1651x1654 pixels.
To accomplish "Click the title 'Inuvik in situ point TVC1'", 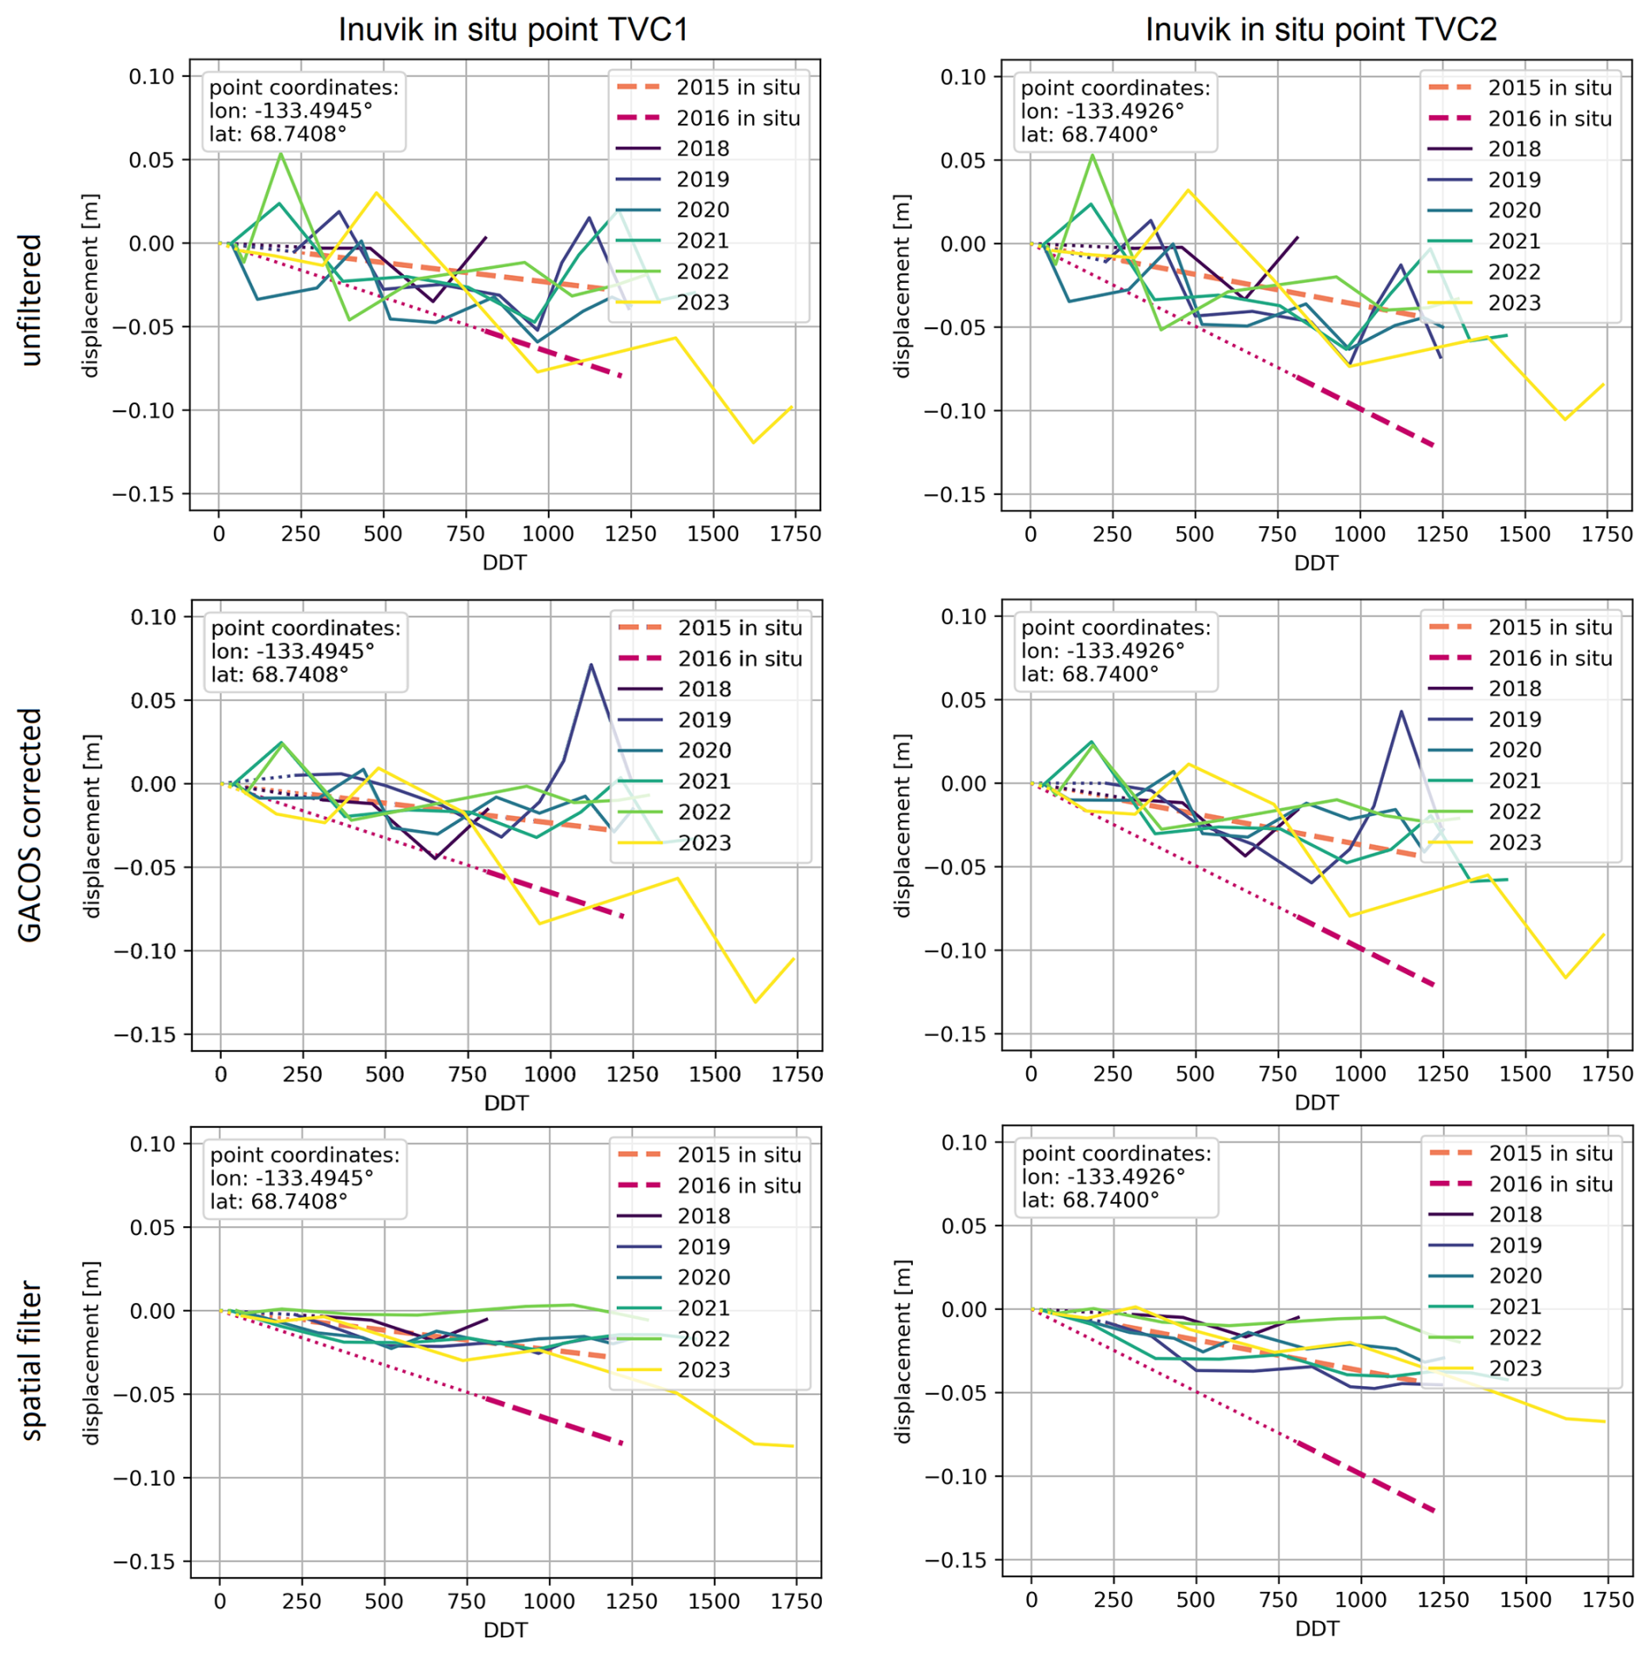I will pos(513,30).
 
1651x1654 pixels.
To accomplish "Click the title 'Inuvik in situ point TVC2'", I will pos(1320,30).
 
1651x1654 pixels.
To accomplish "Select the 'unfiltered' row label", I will pos(31,299).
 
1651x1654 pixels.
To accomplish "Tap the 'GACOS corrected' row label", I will pos(31,825).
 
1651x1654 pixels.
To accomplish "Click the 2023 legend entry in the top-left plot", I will pos(702,302).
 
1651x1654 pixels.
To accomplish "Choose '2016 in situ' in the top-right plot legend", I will pos(1549,119).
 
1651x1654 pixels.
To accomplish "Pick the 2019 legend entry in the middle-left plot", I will pos(704,720).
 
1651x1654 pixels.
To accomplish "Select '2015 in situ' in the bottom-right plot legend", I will pos(1550,1153).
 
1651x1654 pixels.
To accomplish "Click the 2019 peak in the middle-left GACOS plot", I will pos(591,665).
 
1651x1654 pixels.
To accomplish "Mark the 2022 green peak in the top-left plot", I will pos(280,154).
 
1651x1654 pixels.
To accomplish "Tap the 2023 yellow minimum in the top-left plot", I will pos(753,442).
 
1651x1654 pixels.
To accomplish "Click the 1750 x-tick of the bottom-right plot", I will pos(1606,1600).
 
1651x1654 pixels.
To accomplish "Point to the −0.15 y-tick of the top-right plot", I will pos(956,495).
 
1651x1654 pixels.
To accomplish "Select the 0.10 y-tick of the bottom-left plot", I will pos(153,1143).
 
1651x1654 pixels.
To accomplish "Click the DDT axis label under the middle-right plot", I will pos(1316,1102).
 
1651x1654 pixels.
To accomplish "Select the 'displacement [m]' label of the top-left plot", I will pos(90,285).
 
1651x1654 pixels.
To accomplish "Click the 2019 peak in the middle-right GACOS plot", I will pos(1401,711).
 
